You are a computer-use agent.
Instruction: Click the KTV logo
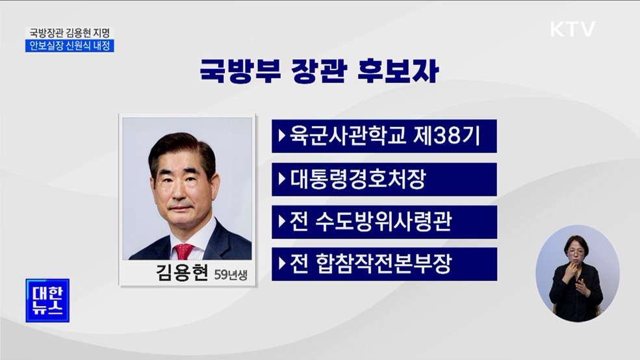tap(572, 29)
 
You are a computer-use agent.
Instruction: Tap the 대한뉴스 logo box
tap(47, 300)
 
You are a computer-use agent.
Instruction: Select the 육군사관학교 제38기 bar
tap(383, 136)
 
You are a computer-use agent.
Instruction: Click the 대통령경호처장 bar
tap(383, 179)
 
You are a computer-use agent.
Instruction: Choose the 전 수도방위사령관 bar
tap(383, 222)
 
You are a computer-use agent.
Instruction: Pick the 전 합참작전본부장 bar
tap(383, 264)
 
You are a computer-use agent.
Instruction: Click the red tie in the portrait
tap(184, 251)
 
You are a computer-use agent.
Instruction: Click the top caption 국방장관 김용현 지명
tap(70, 32)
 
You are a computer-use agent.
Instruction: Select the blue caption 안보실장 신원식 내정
tap(70, 45)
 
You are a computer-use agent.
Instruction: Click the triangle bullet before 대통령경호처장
tap(281, 179)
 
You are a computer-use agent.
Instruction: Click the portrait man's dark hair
tap(181, 145)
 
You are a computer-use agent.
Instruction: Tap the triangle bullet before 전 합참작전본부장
tap(281, 264)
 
